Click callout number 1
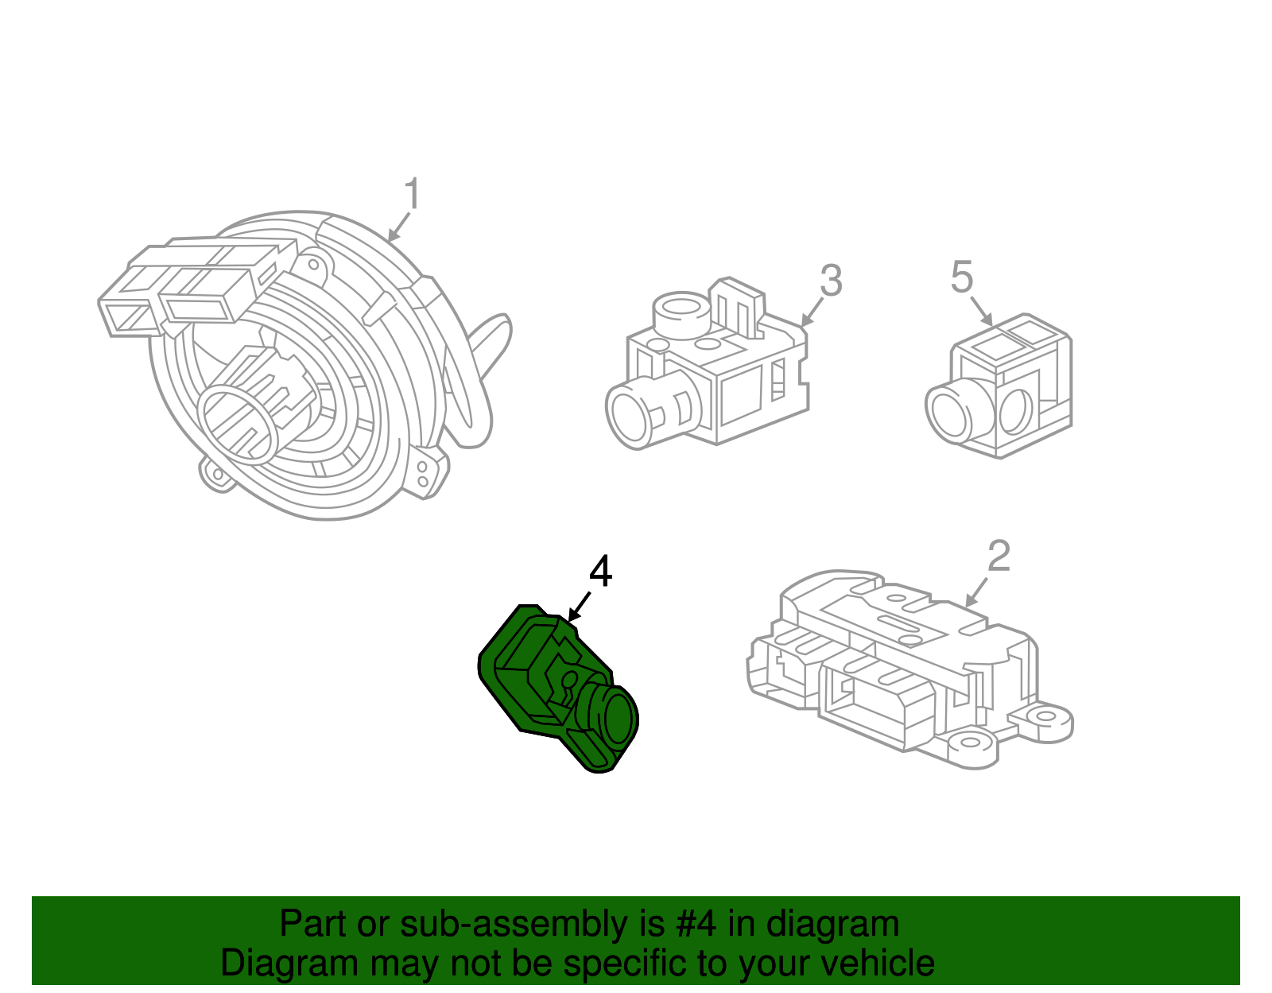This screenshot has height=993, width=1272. coord(411,195)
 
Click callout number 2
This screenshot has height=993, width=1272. coord(999,557)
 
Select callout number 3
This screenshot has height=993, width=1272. coord(830,281)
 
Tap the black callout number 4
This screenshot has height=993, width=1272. coord(600,572)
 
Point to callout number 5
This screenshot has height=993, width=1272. coord(962,277)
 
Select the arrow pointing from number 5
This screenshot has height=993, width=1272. coord(981,310)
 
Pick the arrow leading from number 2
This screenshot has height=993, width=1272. coord(977,592)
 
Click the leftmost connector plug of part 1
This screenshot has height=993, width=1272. coord(125,315)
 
